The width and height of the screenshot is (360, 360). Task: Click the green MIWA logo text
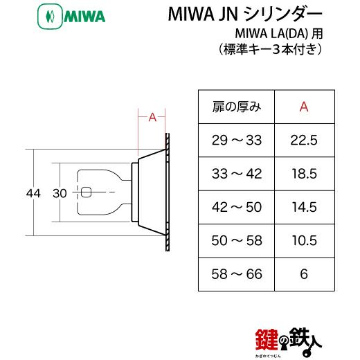point(84,16)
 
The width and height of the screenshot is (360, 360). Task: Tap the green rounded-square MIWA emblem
point(50,17)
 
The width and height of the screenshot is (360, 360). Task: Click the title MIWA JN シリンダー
point(245,14)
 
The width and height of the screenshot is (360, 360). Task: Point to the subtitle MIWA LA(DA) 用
point(279,34)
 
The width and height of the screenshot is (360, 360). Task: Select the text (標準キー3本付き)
point(270,50)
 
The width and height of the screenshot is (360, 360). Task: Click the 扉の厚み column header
point(237,107)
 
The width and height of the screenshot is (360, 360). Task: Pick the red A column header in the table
point(304,107)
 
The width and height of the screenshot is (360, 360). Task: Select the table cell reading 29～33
point(237,140)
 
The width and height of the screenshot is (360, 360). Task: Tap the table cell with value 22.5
point(304,140)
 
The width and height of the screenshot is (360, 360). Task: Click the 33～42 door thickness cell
point(237,174)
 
